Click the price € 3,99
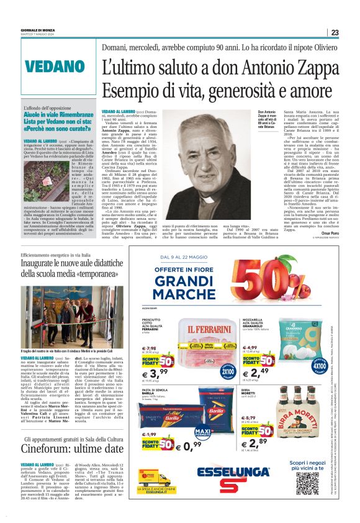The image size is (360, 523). (x=155, y=374)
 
